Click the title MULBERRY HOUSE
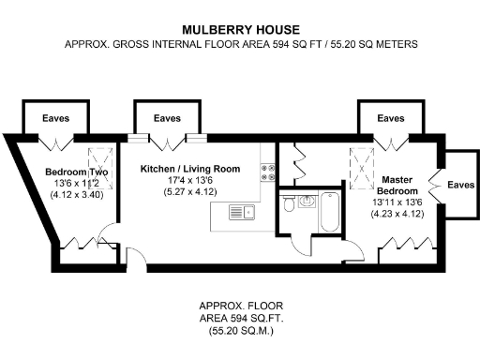pos(240,28)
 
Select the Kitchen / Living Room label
pos(190,169)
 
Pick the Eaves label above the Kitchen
pos(167,119)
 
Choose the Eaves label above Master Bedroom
pos(390,119)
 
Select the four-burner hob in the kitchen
pos(267,172)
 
